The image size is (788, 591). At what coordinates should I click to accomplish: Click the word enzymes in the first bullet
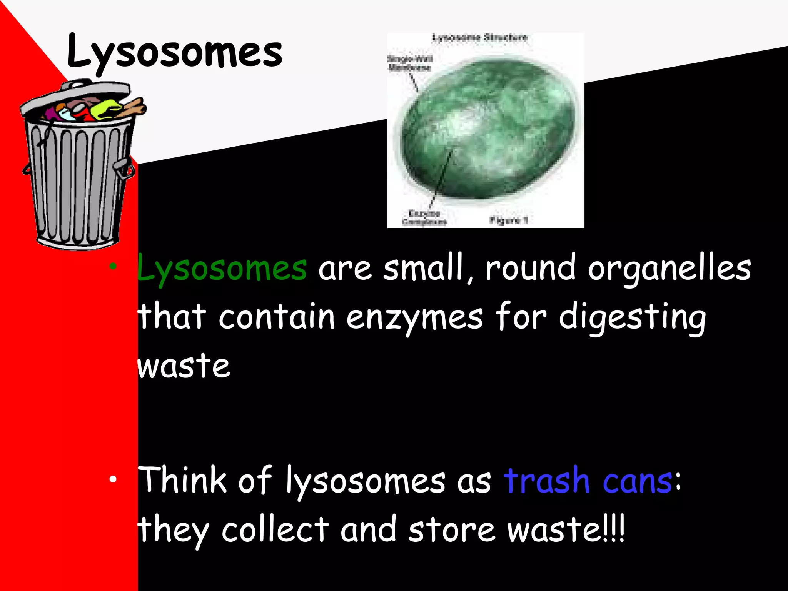click(x=414, y=317)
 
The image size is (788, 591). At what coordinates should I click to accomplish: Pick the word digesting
click(x=632, y=318)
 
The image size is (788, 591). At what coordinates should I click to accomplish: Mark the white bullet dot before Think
click(x=112, y=479)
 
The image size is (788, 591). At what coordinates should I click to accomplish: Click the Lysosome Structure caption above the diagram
click(x=479, y=38)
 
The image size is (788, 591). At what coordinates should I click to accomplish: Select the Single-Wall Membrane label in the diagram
click(x=409, y=63)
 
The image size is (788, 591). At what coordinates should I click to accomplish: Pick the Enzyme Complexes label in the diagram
click(x=424, y=218)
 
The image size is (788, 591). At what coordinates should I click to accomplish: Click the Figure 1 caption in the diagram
click(x=508, y=220)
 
